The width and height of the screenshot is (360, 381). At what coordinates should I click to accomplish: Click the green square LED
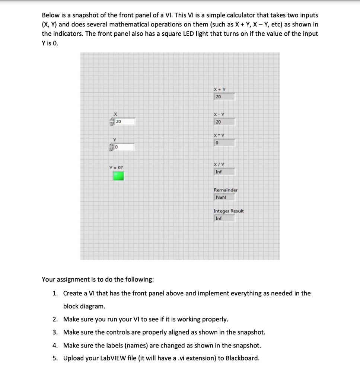point(118,176)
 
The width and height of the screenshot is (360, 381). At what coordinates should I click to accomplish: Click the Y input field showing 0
point(124,147)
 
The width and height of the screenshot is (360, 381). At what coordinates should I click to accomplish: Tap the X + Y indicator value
point(224,97)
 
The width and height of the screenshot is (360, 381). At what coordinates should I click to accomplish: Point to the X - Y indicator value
point(224,122)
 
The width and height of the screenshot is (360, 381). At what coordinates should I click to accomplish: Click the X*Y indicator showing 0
point(224,143)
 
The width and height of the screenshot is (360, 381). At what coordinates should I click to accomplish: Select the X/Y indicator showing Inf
point(224,172)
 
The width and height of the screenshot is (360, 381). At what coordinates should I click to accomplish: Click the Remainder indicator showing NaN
point(224,197)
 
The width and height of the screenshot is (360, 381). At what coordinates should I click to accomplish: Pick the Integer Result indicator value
point(224,218)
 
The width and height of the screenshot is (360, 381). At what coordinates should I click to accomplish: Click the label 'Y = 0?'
point(116,167)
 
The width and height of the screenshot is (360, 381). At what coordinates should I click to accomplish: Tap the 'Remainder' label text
point(226,190)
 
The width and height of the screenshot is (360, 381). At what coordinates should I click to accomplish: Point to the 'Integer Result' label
point(229,211)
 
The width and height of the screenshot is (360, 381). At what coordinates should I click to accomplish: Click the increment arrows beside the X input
point(111,121)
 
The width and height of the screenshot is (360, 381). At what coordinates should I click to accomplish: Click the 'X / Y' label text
point(219,164)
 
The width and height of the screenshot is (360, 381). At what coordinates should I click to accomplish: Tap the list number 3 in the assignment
point(55,332)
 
